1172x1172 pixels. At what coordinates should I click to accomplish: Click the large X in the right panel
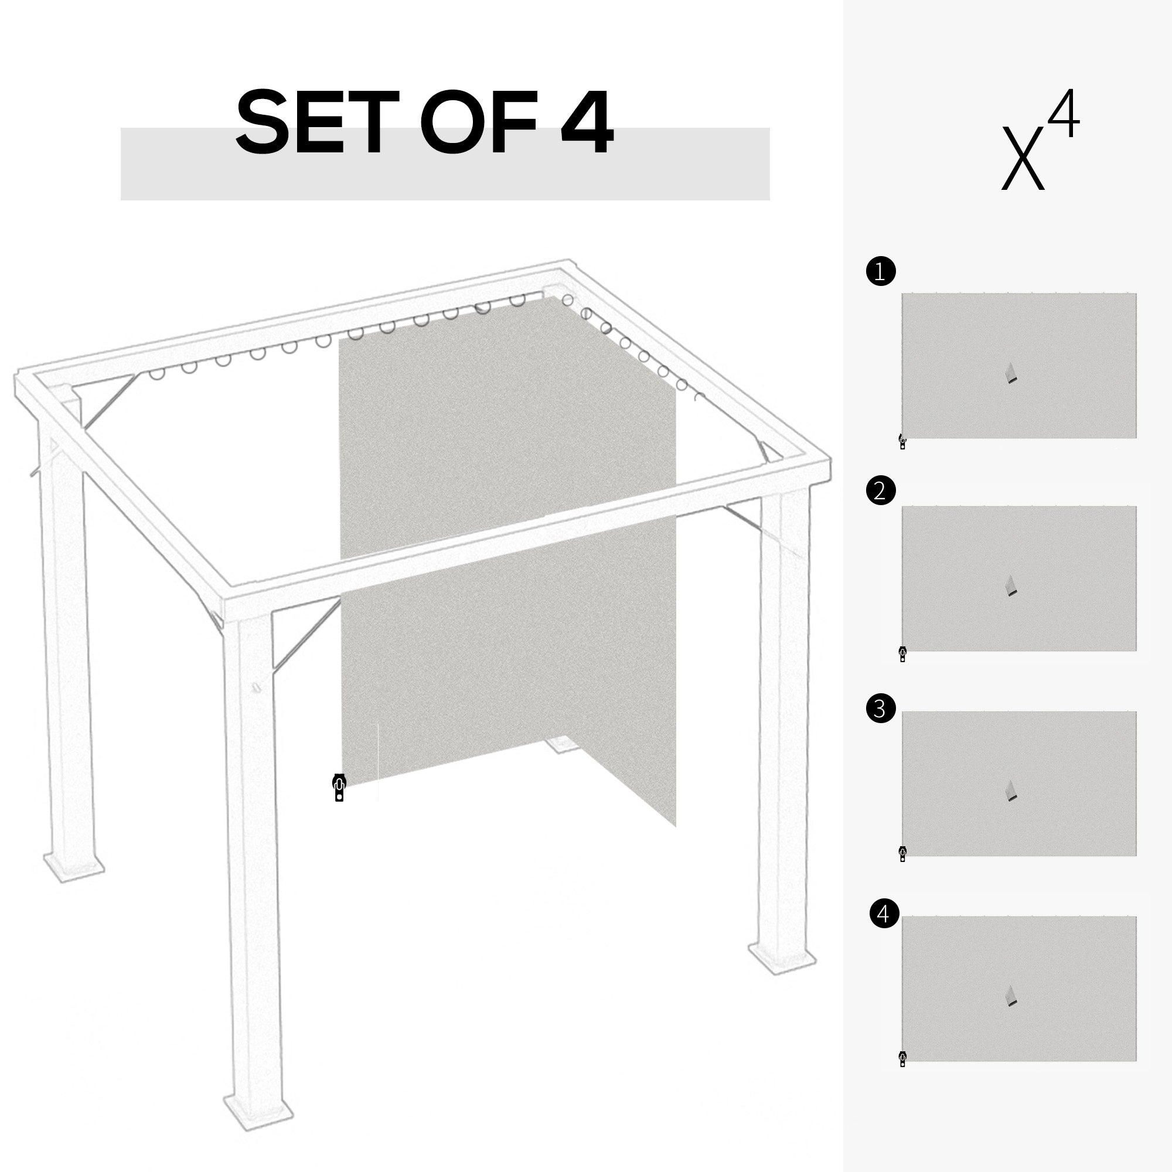[x=1023, y=158]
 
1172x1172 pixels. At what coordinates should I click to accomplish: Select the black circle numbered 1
[x=881, y=272]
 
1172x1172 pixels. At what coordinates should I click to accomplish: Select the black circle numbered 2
[x=881, y=490]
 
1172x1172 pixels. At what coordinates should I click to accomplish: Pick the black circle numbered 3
[x=881, y=708]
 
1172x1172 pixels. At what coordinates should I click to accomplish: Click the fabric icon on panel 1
[x=1010, y=373]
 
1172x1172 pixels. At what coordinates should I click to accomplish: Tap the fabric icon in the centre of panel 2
[x=1010, y=586]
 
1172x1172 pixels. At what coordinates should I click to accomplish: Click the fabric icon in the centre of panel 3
[x=1010, y=791]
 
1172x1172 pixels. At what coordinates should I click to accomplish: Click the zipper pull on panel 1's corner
[x=902, y=442]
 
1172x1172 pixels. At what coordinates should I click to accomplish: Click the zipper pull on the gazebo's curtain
[x=339, y=788]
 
